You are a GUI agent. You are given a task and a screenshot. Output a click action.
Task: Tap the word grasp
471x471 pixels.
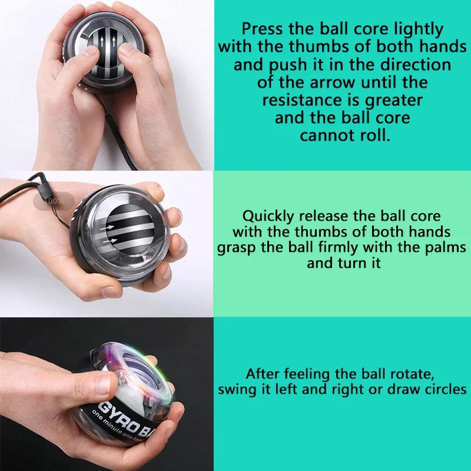coord(237,247)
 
